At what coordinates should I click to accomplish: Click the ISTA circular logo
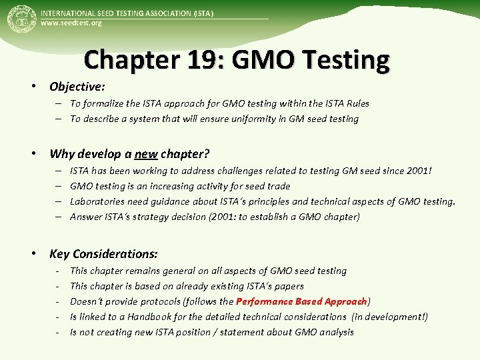[x=21, y=19]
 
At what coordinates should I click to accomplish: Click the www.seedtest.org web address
[x=71, y=24]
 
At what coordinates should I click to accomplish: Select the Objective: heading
[x=77, y=87]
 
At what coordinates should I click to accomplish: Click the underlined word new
[x=146, y=155]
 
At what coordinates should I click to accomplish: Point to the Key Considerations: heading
[x=103, y=254]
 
